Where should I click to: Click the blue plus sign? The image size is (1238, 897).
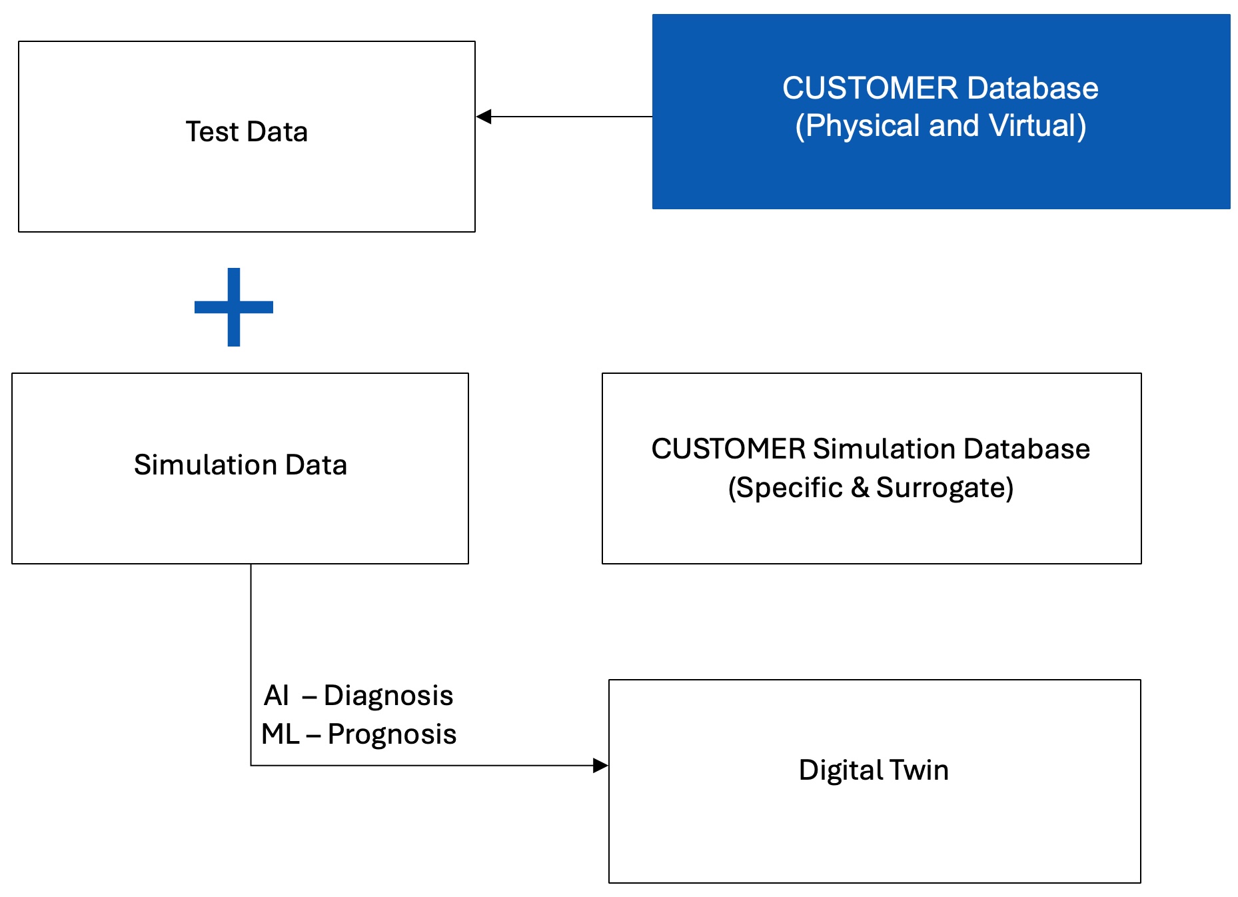tap(234, 307)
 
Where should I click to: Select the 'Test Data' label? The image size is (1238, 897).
tap(247, 132)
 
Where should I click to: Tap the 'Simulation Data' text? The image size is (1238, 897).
tap(241, 464)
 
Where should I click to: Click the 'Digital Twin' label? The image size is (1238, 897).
tap(874, 770)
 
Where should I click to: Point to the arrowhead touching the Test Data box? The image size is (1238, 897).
tap(484, 117)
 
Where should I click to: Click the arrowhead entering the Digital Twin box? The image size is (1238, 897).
tap(600, 766)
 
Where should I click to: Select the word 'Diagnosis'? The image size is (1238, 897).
tap(388, 696)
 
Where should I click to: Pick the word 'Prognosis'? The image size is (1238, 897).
tap(392, 734)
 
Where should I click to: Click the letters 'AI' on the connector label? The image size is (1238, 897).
tap(277, 696)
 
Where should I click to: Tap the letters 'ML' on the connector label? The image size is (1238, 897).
tap(281, 734)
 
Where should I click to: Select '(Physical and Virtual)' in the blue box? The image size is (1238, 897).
tap(941, 126)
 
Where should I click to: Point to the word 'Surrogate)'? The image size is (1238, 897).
tap(945, 488)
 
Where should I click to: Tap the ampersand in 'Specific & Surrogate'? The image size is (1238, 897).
tap(860, 488)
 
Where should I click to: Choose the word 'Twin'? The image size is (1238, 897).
tap(919, 770)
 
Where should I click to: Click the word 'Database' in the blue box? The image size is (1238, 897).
tap(1033, 88)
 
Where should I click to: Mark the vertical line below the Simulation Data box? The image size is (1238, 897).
tap(251, 665)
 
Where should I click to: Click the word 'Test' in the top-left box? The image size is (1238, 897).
tap(212, 132)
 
